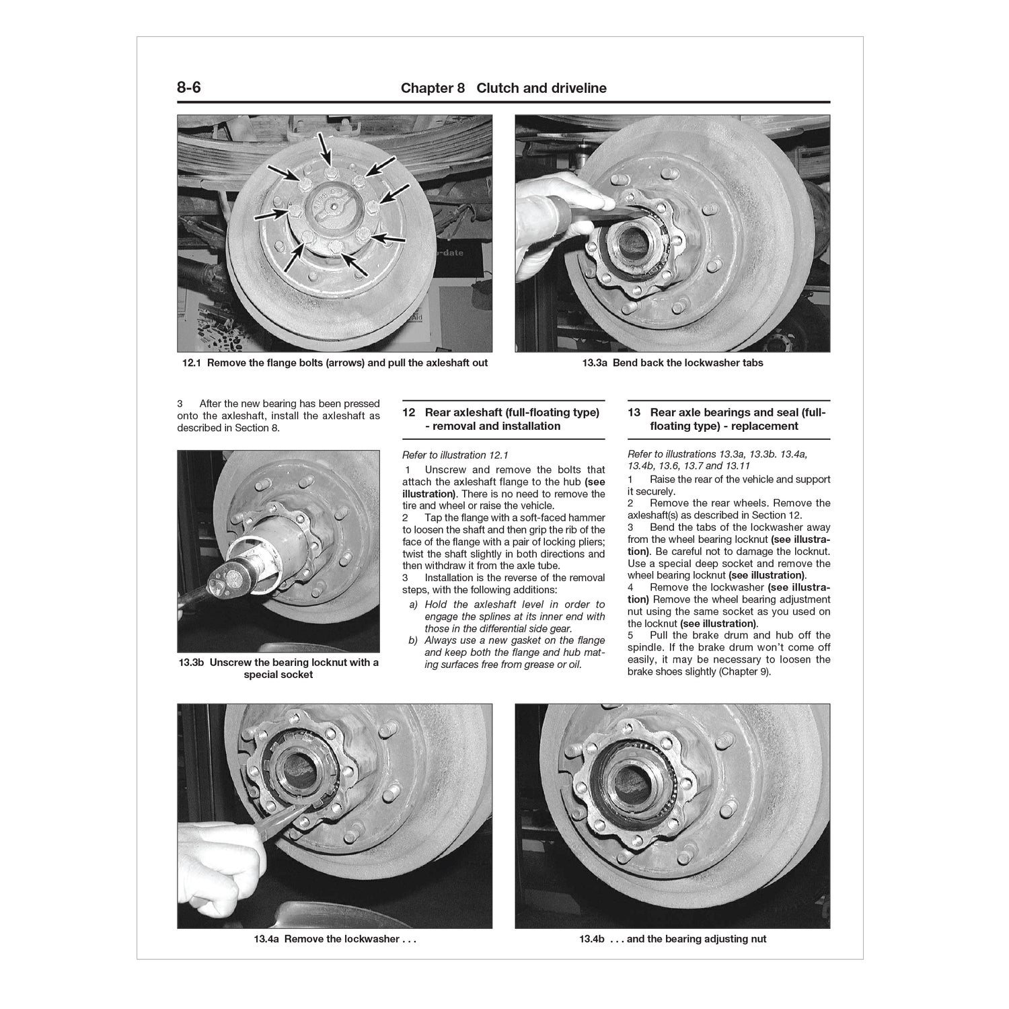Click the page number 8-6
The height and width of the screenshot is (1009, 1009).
tap(189, 87)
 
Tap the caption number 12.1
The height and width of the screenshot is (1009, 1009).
tap(192, 363)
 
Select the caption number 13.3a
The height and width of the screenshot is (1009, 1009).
tap(595, 363)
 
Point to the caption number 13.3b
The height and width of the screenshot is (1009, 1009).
tap(191, 663)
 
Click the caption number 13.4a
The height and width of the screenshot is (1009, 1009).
tap(266, 939)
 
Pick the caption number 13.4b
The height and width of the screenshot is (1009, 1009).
tap(592, 939)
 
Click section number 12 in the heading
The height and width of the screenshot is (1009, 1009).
tap(408, 412)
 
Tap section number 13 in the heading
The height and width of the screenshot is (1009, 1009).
tap(634, 412)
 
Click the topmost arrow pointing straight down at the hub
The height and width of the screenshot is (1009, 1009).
tap(325, 147)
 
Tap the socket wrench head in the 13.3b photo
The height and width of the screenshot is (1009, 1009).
tap(229, 577)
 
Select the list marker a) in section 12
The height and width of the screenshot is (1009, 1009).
tap(414, 605)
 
